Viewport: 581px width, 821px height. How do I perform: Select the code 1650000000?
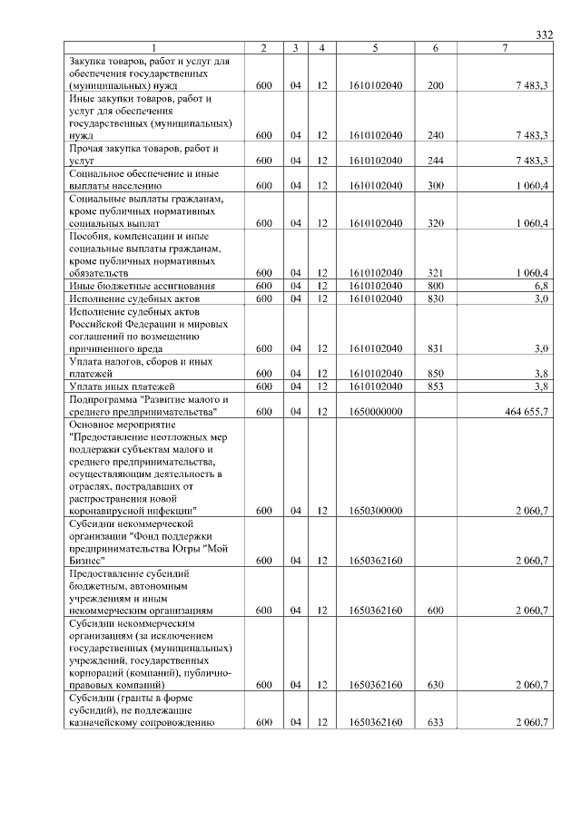[x=375, y=412]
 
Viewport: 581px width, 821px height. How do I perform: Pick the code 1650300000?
[x=375, y=511]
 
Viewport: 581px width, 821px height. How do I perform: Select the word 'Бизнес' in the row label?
[x=87, y=561]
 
